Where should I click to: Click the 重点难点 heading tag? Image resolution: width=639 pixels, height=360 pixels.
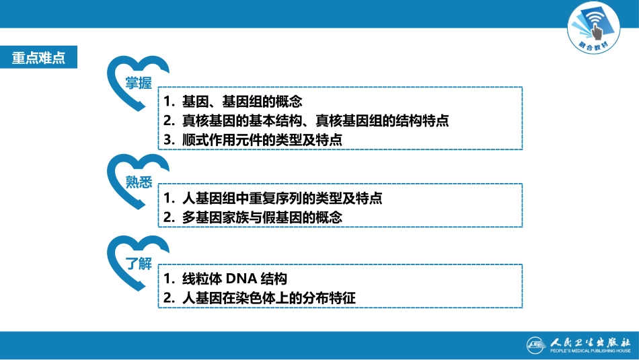pos(38,58)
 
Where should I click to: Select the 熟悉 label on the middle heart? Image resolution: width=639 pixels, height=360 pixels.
pos(139,182)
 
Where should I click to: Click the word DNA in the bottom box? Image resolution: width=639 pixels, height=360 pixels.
pos(240,278)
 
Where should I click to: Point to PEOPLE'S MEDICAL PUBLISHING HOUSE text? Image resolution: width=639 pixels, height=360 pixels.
pos(589,351)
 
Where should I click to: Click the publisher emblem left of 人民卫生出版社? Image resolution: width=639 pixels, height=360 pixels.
pos(536,344)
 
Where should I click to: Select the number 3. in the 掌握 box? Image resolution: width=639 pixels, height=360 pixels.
pos(169,140)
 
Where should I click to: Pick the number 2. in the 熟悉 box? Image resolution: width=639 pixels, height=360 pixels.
pos(169,217)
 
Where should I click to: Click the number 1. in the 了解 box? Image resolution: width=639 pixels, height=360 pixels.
pos(169,278)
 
